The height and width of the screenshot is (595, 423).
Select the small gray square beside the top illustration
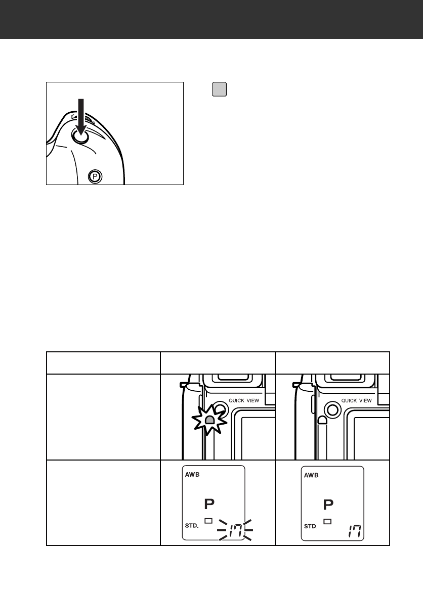pyautogui.click(x=219, y=89)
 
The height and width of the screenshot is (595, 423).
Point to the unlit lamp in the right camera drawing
pyautogui.click(x=322, y=420)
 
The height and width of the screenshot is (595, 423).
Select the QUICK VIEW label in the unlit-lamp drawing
pyautogui.click(x=357, y=400)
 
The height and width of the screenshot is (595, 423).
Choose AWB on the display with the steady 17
pyautogui.click(x=312, y=475)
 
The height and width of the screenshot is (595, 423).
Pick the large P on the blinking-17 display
pyautogui.click(x=209, y=505)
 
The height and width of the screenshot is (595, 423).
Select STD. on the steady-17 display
pyautogui.click(x=311, y=526)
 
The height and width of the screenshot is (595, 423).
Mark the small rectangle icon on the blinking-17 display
pyautogui.click(x=207, y=521)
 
